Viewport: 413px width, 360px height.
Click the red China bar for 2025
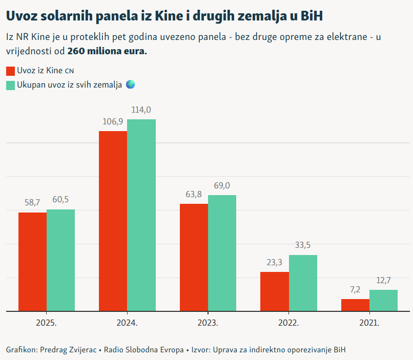32,262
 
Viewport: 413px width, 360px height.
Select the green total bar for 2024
141,215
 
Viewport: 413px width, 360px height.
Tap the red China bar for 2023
194,257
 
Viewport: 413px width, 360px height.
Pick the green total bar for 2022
303,283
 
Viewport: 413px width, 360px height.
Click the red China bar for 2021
355,305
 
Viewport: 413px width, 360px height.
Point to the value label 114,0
141,110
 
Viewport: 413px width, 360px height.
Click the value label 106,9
113,122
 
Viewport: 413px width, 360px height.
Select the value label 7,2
355,290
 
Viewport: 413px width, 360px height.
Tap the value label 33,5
303,245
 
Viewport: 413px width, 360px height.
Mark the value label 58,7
32,203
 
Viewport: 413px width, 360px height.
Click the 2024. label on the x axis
127,324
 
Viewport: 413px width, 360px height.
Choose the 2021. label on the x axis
369,324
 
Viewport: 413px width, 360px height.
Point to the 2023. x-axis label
208,324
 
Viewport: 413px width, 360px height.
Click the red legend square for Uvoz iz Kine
10,71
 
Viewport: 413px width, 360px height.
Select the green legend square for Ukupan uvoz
10,85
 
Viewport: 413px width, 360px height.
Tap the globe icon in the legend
130,84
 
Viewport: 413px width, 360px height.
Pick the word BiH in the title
311,16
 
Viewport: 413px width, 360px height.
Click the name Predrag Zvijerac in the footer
70,350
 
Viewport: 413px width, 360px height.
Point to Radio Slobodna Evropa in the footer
143,350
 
